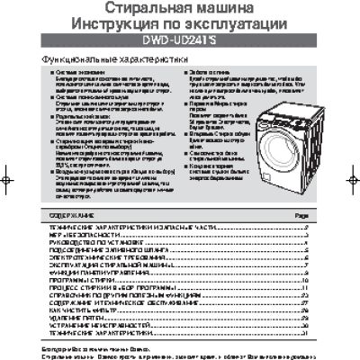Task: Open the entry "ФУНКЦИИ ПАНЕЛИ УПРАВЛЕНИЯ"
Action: pyautogui.click(x=91, y=277)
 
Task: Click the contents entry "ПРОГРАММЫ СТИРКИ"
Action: pyautogui.click(x=72, y=285)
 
